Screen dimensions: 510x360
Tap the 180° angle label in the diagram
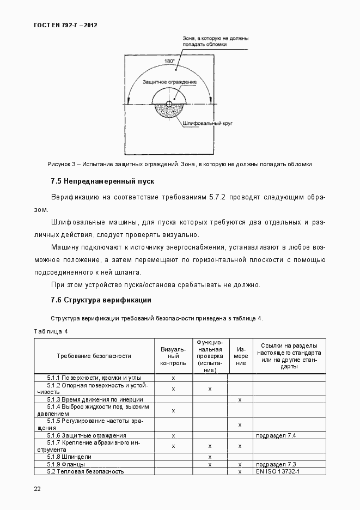[x=170, y=61]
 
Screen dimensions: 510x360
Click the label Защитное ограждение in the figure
[x=169, y=82]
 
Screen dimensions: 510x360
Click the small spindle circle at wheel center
[x=169, y=104]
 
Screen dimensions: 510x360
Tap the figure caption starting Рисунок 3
[x=180, y=163]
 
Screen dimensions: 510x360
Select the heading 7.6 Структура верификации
[x=100, y=300]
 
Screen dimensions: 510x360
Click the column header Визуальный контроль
[x=173, y=356]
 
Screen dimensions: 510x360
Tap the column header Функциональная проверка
[x=210, y=356]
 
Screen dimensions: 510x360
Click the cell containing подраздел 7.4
[x=276, y=435]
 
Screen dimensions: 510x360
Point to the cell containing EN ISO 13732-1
[x=278, y=471]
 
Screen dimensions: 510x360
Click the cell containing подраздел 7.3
[x=276, y=464]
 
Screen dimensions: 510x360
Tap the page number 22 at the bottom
[x=38, y=489]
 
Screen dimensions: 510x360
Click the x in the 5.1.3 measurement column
[x=240, y=399]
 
